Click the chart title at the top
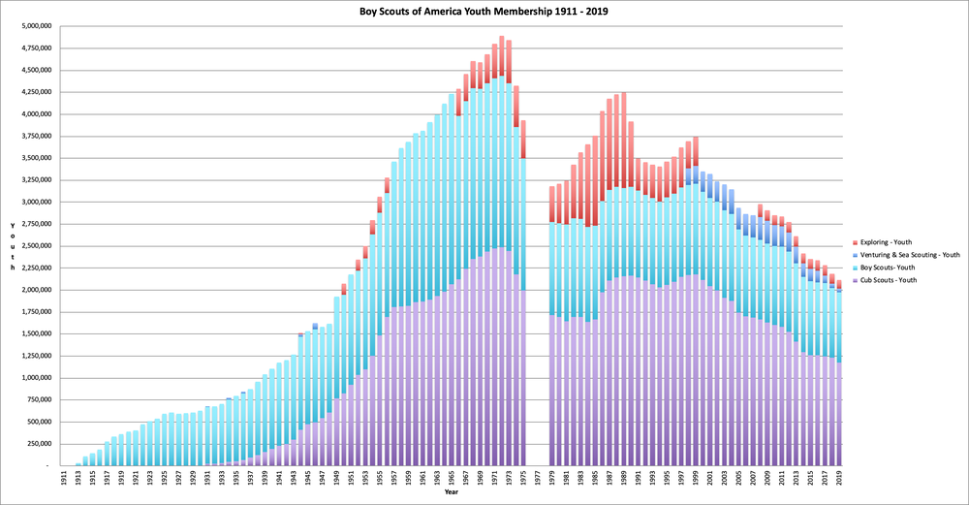[484, 11]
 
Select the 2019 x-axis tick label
[840, 479]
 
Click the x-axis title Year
[452, 492]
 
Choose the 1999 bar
[696, 310]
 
